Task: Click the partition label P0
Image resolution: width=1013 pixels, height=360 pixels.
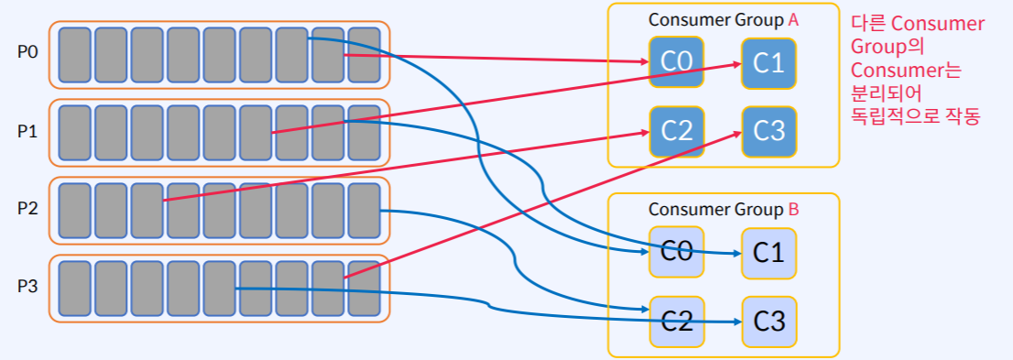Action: click(x=27, y=52)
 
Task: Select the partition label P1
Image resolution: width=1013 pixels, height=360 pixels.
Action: click(x=27, y=131)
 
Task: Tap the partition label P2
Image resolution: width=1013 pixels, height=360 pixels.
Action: click(x=27, y=209)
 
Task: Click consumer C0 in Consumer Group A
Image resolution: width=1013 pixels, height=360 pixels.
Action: click(x=676, y=62)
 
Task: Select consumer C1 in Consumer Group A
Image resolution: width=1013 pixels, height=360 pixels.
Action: click(x=768, y=62)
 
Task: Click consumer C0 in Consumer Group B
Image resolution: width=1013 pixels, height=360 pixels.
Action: click(x=676, y=252)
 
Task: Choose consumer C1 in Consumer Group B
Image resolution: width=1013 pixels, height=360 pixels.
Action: click(x=768, y=252)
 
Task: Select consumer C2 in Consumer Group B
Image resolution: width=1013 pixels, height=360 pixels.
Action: click(x=676, y=322)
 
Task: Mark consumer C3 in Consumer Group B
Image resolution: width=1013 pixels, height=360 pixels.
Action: click(x=768, y=322)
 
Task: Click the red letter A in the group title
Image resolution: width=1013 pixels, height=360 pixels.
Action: click(x=793, y=20)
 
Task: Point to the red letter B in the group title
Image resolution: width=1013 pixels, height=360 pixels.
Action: click(x=793, y=210)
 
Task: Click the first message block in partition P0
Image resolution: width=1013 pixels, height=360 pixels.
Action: click(x=74, y=55)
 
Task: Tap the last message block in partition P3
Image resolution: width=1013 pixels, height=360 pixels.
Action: click(x=364, y=289)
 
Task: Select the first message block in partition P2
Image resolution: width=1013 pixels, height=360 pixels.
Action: click(x=74, y=211)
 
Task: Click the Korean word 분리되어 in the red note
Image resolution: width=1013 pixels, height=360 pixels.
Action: click(x=885, y=94)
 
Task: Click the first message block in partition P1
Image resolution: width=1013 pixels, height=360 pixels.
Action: click(x=74, y=133)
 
